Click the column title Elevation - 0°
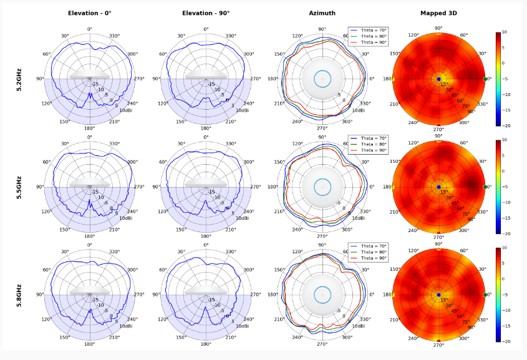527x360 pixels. tap(89, 13)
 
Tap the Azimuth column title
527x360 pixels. tap(322, 13)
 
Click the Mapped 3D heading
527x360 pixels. tap(438, 13)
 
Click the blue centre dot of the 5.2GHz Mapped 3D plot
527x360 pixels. tap(438, 79)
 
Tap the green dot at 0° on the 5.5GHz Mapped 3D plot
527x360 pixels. tap(485, 187)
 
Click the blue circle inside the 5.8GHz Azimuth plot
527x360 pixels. tap(322, 294)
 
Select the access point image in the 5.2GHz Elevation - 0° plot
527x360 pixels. tap(90, 75)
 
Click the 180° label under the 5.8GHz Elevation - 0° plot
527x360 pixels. tap(89, 344)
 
